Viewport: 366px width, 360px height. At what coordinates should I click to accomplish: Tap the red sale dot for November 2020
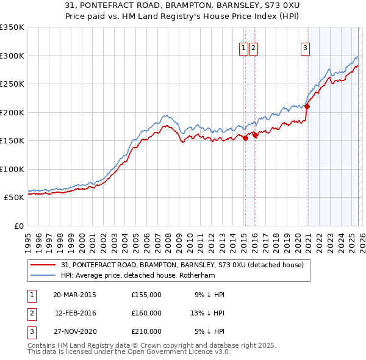(x=307, y=107)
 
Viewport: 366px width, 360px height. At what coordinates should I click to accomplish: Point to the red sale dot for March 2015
(x=245, y=138)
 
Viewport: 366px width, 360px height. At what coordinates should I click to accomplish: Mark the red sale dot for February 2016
(x=255, y=135)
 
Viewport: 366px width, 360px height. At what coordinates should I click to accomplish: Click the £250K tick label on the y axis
(x=12, y=84)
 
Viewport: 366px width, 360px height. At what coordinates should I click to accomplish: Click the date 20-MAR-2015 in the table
(x=74, y=295)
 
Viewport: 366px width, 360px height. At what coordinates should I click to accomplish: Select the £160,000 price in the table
(x=146, y=313)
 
